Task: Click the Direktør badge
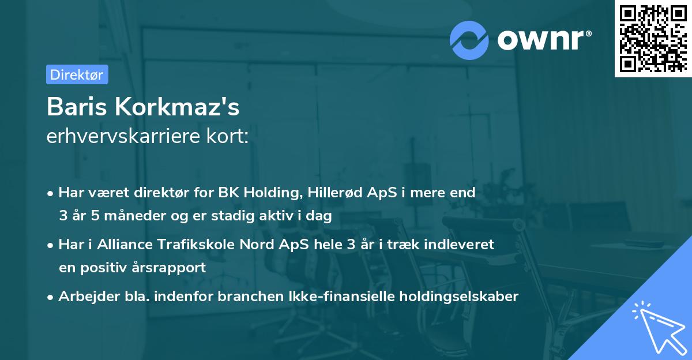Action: [77, 74]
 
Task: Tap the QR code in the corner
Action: [653, 38]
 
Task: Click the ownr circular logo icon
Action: [469, 40]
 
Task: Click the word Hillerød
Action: [332, 193]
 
